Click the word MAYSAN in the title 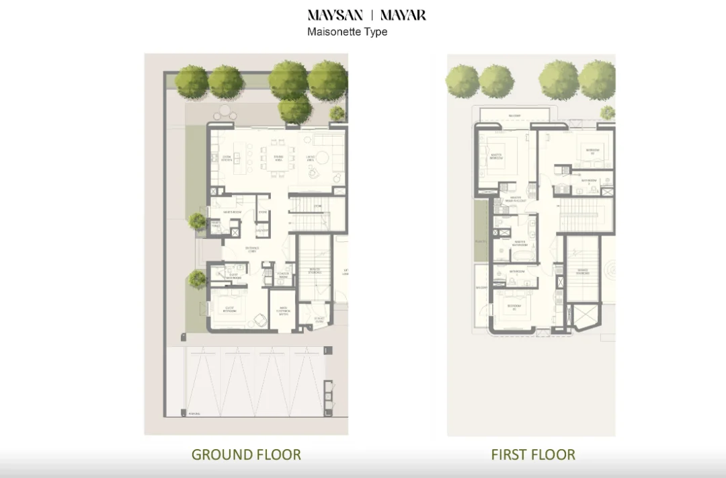pos(335,15)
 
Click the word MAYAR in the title pos(403,15)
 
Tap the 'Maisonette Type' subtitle pos(347,32)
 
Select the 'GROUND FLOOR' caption pos(246,454)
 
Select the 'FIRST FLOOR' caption pos(533,454)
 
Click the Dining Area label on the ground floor pos(278,159)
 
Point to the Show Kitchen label pos(227,159)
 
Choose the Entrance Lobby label pos(252,249)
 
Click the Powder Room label pos(283,274)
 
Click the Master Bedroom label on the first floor pos(496,157)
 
